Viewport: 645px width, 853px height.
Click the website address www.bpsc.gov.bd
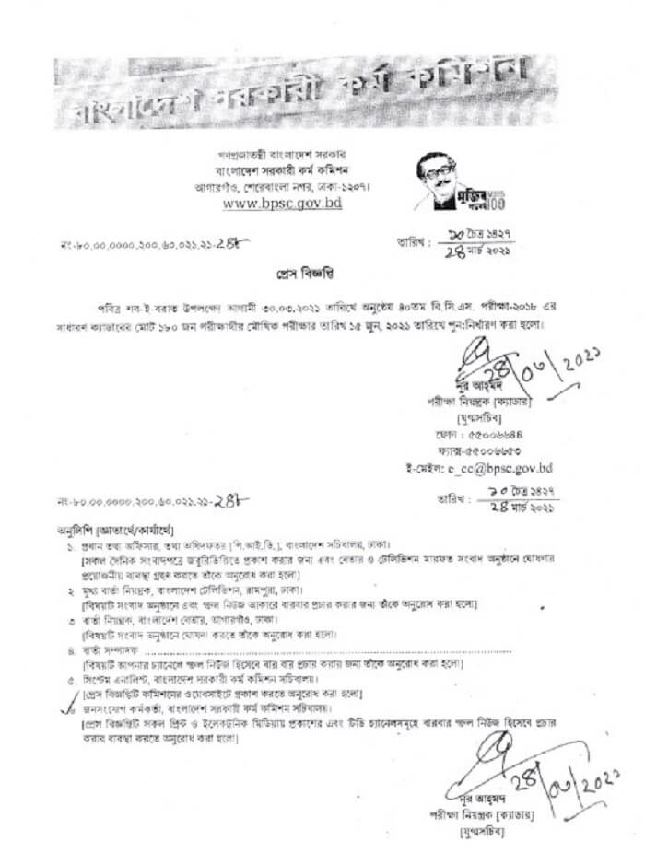tap(283, 203)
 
